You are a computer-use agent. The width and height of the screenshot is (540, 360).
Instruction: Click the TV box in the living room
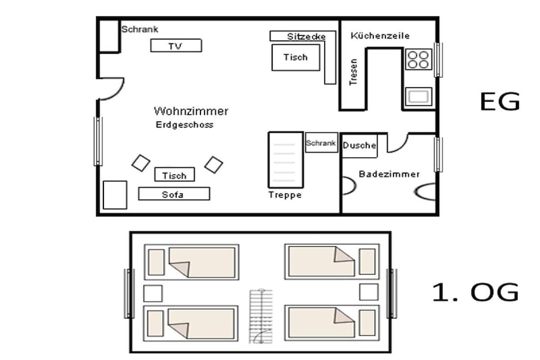tap(176, 45)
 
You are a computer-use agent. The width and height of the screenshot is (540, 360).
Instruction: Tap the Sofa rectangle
tap(174, 194)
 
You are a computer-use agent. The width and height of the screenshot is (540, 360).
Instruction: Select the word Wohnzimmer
tap(191, 111)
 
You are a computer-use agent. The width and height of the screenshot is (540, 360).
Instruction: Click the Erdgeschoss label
tap(185, 124)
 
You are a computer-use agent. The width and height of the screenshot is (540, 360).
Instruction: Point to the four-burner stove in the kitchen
tap(418, 60)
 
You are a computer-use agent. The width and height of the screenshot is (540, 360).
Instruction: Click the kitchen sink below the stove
tap(418, 96)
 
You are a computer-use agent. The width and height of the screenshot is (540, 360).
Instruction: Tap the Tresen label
tap(353, 72)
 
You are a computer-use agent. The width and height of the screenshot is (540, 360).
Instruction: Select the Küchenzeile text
tap(380, 35)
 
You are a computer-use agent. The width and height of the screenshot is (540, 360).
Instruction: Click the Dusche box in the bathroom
tap(359, 145)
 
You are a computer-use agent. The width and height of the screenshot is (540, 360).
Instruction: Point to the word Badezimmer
tap(389, 174)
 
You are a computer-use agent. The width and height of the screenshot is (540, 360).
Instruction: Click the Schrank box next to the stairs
tap(321, 142)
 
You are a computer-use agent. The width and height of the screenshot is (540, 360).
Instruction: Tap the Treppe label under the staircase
tap(285, 195)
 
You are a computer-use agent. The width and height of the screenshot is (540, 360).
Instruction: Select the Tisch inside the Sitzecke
tap(296, 57)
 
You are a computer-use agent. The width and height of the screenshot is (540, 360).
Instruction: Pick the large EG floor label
tap(500, 102)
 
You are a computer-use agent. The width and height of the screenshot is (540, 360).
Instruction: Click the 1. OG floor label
tap(475, 292)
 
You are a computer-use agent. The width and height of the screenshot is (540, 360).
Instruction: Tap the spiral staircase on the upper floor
tap(261, 316)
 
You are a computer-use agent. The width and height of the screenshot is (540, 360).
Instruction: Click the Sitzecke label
tap(306, 36)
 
